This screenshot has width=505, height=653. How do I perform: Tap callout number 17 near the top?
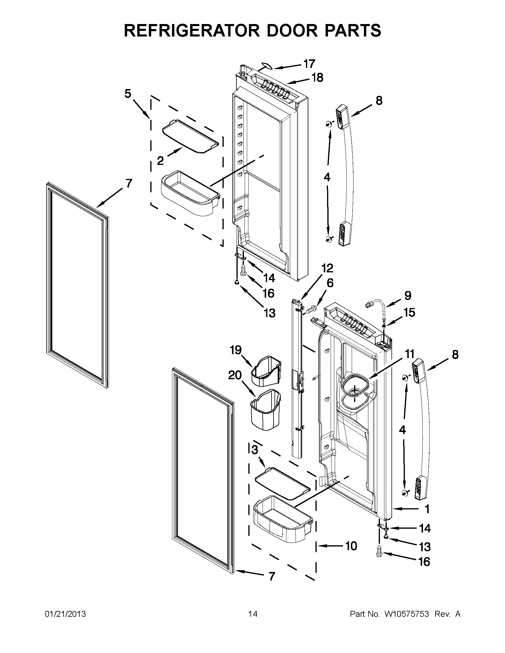(x=309, y=64)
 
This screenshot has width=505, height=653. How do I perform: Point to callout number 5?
(x=128, y=93)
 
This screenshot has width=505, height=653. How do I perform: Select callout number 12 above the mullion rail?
(x=327, y=268)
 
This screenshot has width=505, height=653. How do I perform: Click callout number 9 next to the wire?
(x=408, y=296)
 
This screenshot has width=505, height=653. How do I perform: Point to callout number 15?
(x=409, y=313)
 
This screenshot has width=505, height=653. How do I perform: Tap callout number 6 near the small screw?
(x=330, y=283)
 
